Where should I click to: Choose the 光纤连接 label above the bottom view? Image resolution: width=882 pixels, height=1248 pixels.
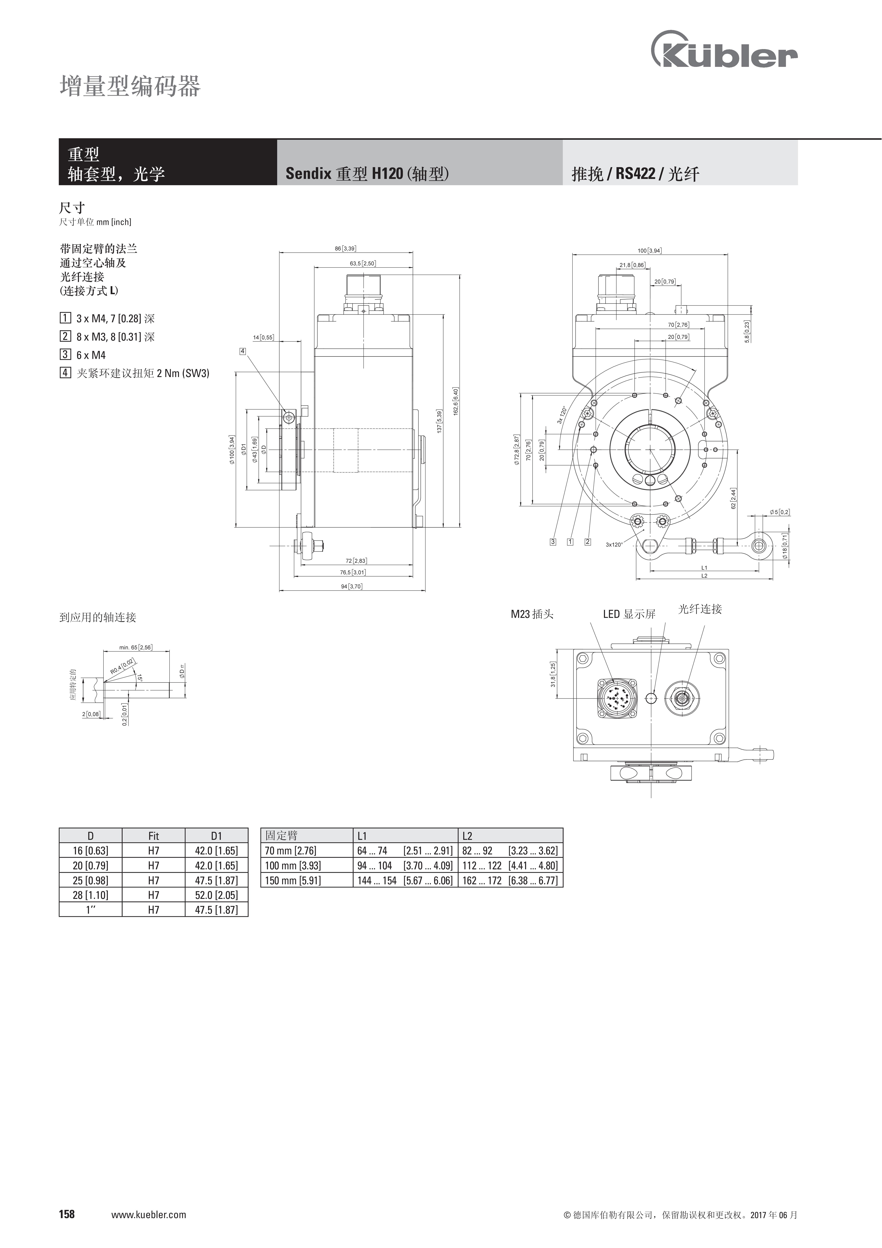pyautogui.click(x=700, y=609)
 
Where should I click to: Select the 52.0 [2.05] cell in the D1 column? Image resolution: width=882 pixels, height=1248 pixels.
pyautogui.click(x=216, y=895)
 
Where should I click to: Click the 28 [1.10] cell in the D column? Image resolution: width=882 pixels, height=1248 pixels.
pyautogui.click(x=90, y=895)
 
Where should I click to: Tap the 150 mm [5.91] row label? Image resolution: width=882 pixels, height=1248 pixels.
pyautogui.click(x=293, y=880)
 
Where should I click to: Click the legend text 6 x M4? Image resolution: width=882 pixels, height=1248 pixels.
pyautogui.click(x=91, y=355)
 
